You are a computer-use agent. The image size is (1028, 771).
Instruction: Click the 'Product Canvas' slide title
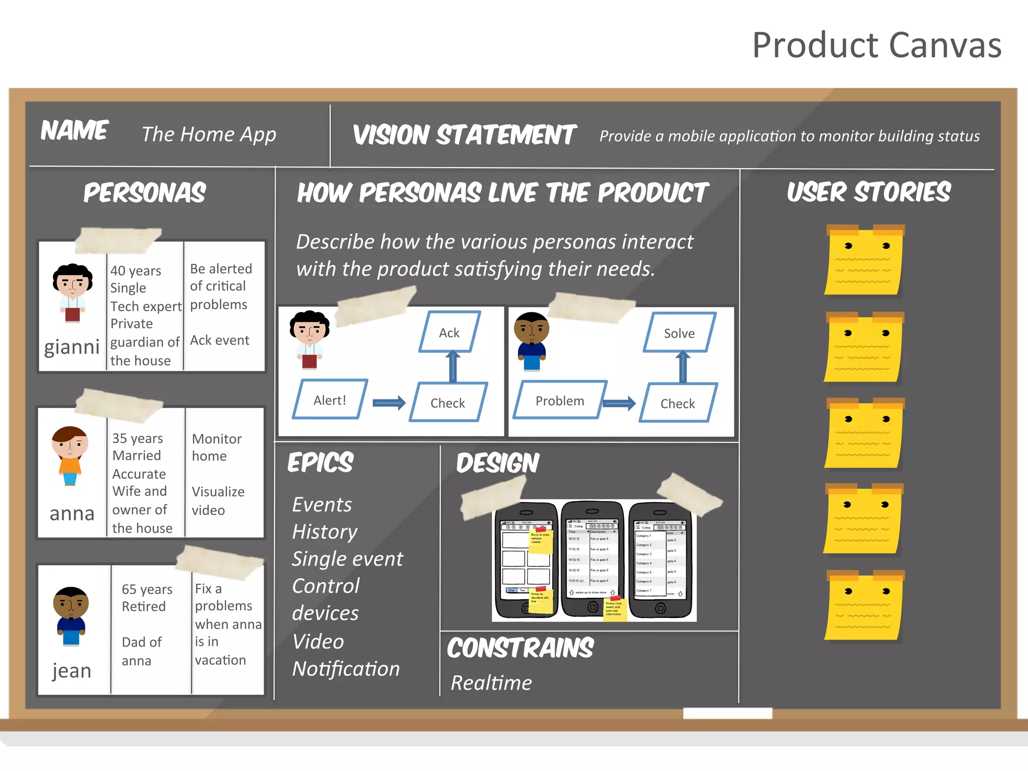coord(876,45)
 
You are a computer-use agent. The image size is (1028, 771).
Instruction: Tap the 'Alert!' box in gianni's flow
coord(330,400)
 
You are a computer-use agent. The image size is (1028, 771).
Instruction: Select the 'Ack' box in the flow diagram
coord(449,332)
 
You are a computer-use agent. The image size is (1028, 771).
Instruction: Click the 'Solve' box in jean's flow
coord(679,333)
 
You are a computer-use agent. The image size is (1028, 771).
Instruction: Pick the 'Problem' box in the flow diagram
coord(560,400)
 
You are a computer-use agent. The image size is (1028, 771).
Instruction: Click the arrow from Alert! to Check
coord(389,402)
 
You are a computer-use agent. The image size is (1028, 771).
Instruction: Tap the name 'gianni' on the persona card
coord(72,347)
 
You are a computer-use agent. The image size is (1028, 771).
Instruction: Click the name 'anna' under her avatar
coord(72,513)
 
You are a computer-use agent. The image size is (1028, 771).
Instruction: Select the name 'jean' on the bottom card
coord(72,671)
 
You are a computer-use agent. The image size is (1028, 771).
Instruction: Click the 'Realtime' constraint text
coord(491,683)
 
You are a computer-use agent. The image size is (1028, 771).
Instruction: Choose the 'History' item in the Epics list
coord(325,532)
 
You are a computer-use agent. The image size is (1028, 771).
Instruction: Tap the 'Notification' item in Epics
coord(346,669)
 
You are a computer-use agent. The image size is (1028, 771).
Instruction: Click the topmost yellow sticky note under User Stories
coord(863,261)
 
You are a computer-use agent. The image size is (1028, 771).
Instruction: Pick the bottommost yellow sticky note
coord(863,606)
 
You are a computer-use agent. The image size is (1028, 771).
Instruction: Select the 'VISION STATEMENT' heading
coord(464,135)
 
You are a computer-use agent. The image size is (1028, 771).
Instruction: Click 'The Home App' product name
coord(209,135)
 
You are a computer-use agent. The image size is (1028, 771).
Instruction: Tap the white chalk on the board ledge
coord(727,713)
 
